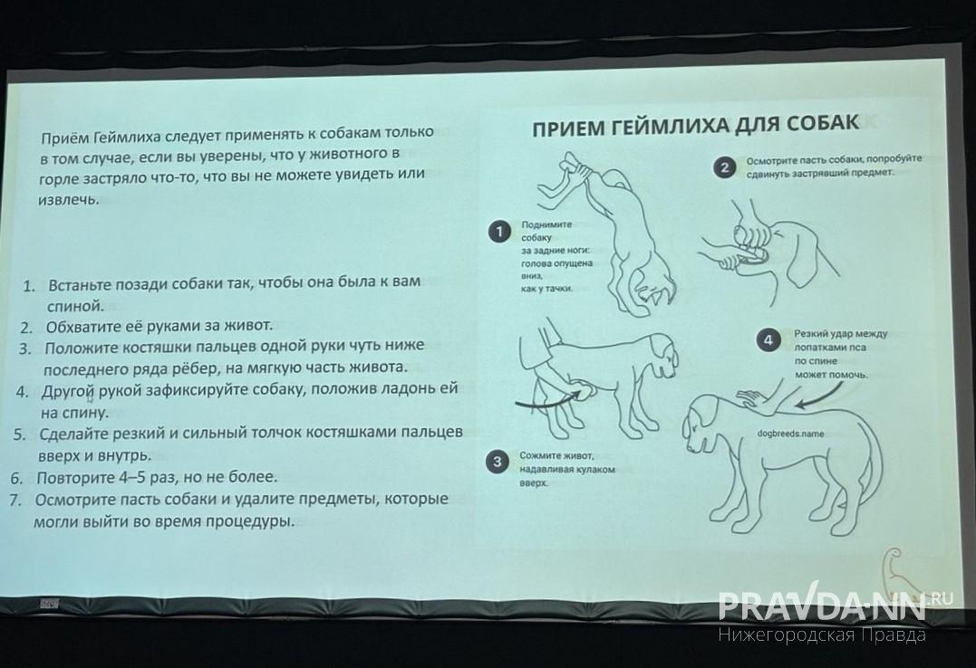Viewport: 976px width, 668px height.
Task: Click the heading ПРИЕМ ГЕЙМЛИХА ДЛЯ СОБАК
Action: coord(694,126)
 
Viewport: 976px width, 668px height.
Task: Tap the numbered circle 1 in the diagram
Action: coord(498,232)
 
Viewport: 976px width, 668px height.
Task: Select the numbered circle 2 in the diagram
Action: coord(723,167)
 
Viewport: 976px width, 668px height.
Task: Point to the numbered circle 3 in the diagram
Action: coord(496,463)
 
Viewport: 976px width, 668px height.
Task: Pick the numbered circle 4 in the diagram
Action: coord(768,340)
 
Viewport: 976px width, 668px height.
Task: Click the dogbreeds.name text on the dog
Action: coord(791,434)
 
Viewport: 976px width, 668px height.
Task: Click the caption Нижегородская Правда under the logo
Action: coord(822,635)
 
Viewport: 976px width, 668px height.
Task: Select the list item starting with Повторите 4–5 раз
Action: coord(156,477)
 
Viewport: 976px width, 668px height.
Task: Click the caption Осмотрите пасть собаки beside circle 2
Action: coord(832,165)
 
